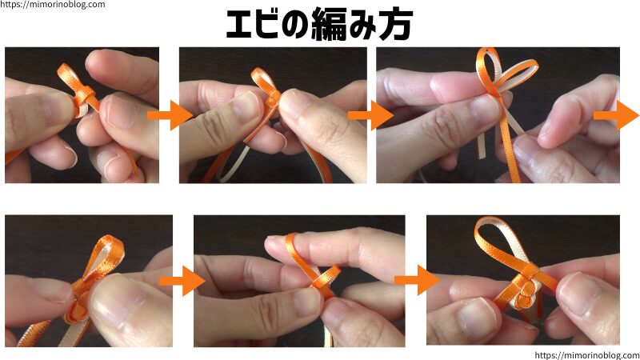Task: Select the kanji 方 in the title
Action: tap(396, 25)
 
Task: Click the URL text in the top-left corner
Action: tap(53, 5)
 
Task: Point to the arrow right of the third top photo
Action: tap(615, 116)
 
